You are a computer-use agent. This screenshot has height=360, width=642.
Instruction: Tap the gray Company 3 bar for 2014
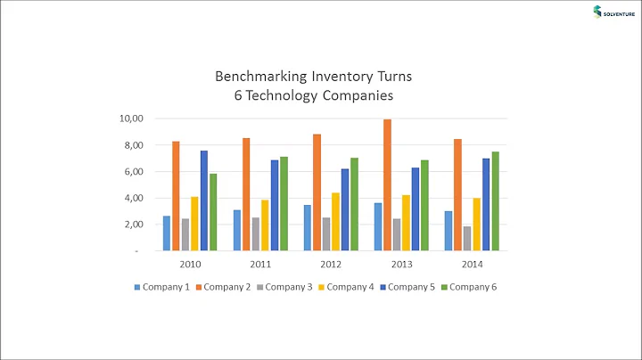pyautogui.click(x=467, y=239)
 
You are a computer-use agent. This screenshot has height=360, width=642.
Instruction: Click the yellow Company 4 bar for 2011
pyautogui.click(x=265, y=225)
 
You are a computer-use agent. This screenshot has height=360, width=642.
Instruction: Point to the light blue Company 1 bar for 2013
pyautogui.click(x=378, y=227)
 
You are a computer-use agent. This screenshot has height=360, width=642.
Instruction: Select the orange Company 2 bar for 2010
pyautogui.click(x=176, y=196)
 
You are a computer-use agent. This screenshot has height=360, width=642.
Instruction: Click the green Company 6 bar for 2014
pyautogui.click(x=495, y=201)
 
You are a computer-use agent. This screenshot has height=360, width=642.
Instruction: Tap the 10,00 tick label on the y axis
pyautogui.click(x=131, y=119)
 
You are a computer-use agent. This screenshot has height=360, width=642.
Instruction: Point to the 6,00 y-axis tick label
pyautogui.click(x=133, y=172)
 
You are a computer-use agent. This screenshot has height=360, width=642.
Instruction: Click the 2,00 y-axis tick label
pyautogui.click(x=133, y=225)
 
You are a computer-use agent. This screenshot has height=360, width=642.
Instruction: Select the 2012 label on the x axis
pyautogui.click(x=331, y=264)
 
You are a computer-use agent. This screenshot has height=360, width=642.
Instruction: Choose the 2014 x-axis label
pyautogui.click(x=472, y=264)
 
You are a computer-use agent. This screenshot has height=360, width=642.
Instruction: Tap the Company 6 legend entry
pyautogui.click(x=473, y=287)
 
